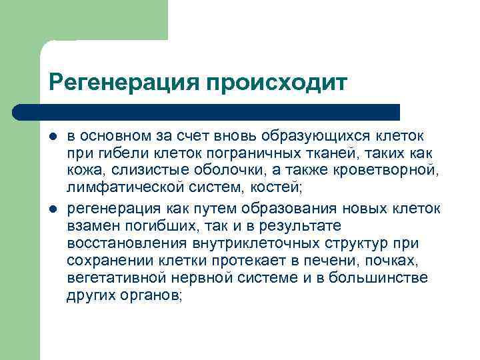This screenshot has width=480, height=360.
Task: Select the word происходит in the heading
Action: [277, 83]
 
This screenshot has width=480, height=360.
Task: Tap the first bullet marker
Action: [53, 136]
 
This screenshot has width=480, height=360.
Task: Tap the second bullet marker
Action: [53, 209]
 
